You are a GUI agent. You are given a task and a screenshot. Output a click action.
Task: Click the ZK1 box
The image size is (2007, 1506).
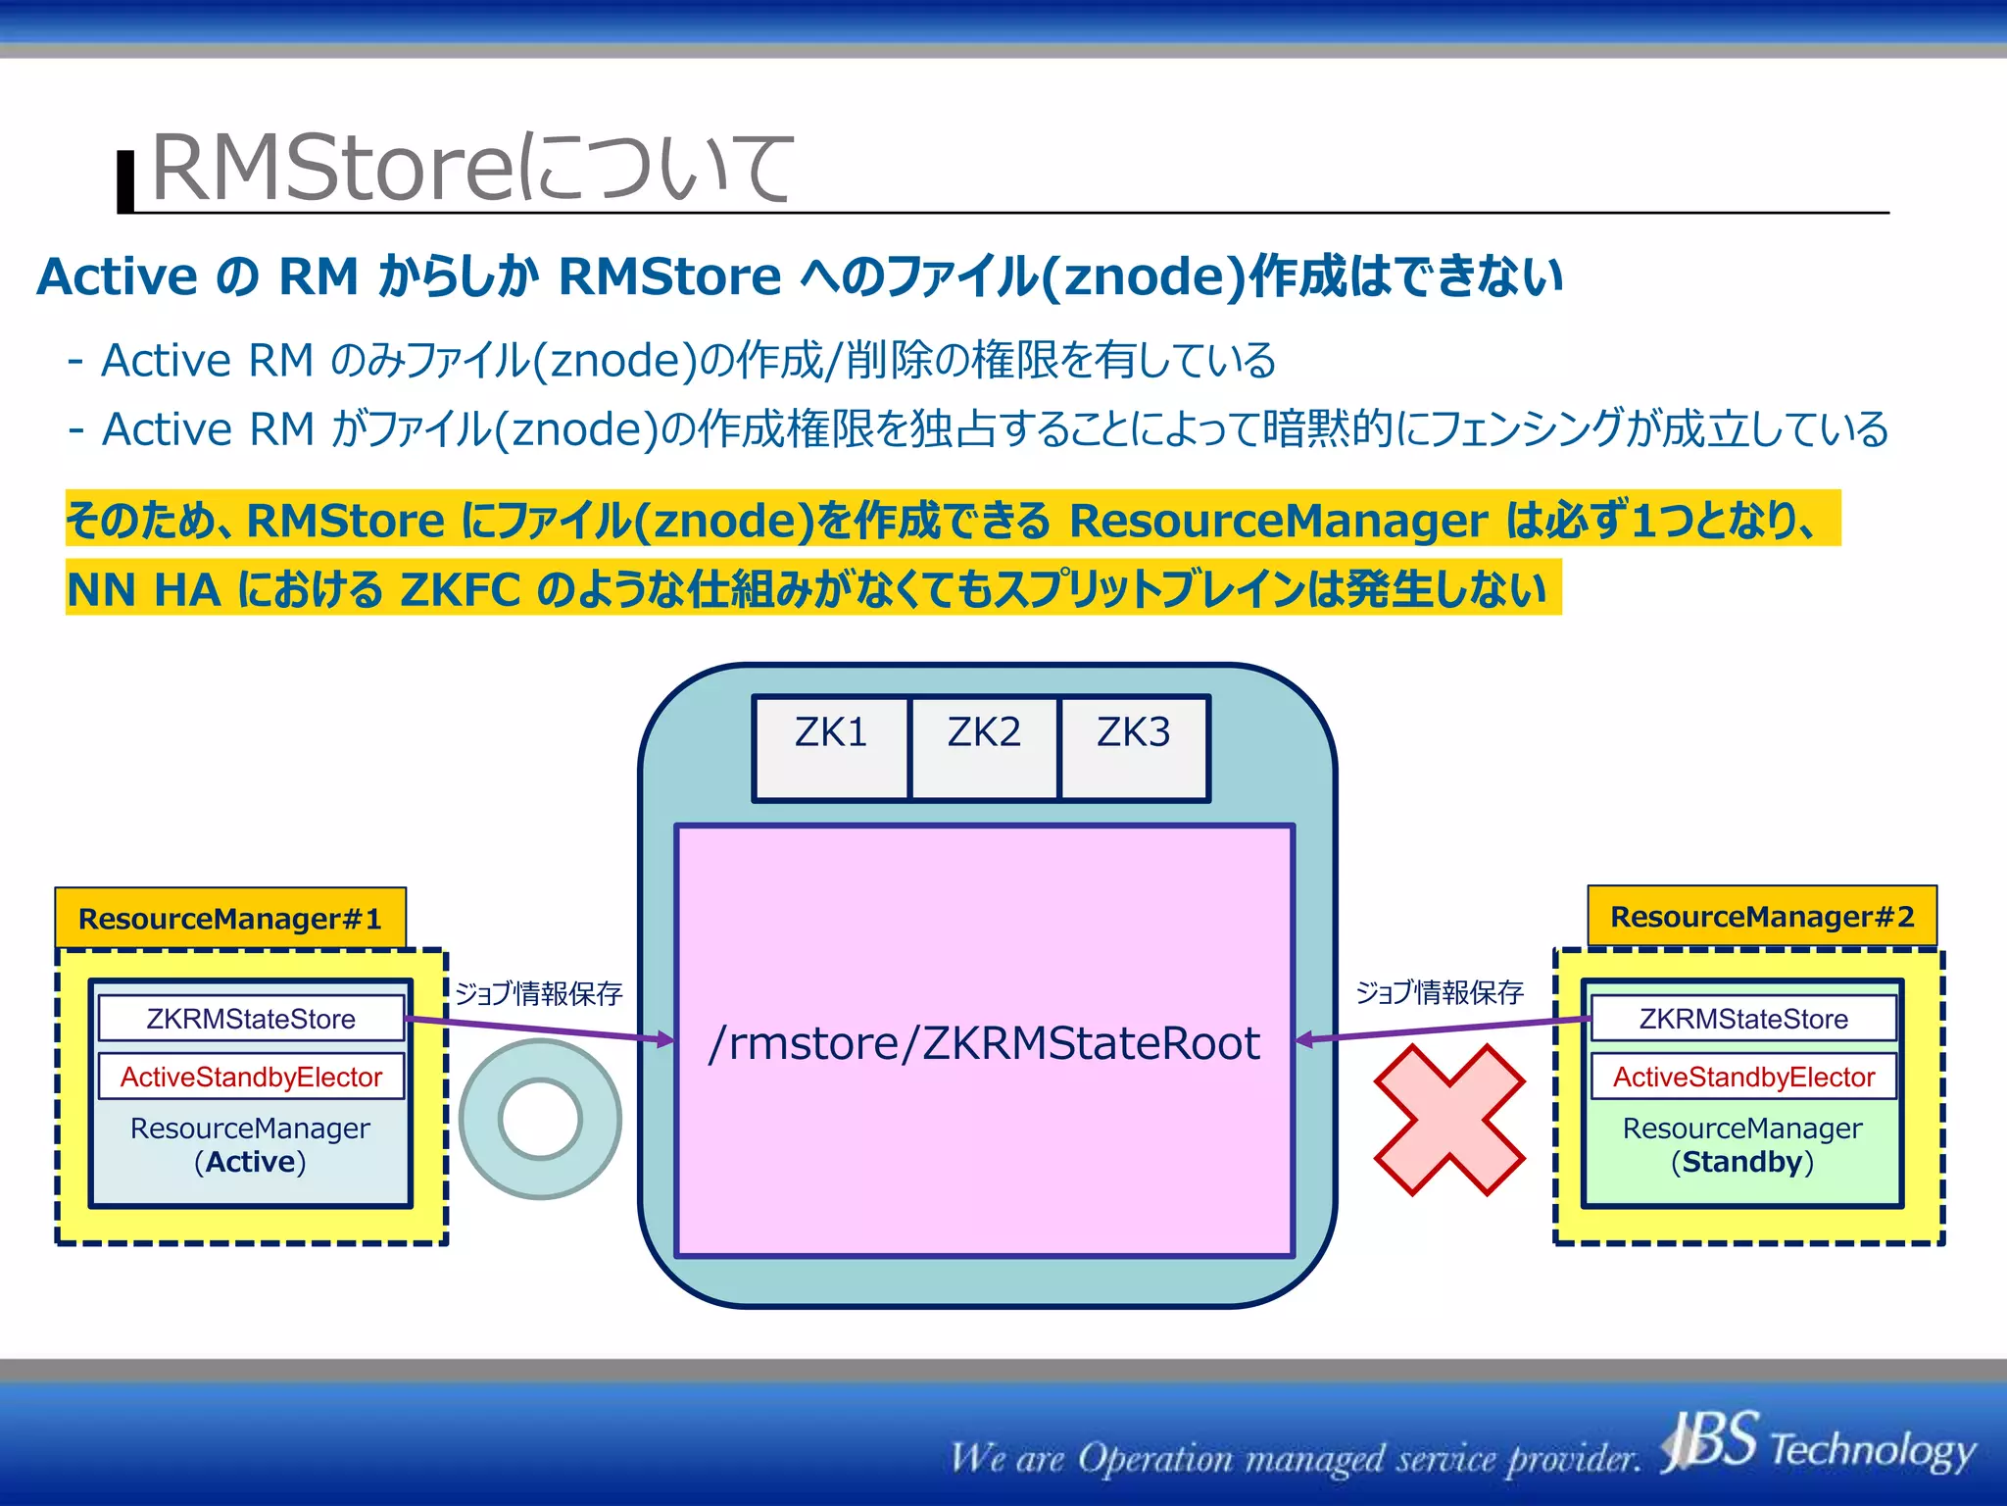831,748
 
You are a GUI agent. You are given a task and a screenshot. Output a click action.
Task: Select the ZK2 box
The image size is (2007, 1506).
984,748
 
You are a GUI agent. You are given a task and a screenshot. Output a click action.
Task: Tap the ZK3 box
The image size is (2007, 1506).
1134,748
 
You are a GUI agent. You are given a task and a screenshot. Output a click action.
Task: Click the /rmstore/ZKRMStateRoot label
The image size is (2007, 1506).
984,1043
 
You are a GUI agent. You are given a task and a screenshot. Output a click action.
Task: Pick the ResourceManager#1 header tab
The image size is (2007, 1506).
230,919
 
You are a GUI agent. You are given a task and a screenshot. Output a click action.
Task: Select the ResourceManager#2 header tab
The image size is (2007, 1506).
1762,917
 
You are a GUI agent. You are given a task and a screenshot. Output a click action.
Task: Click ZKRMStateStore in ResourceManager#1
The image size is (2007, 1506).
251,1019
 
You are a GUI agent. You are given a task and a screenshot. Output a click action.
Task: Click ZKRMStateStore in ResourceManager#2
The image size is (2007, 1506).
1743,1019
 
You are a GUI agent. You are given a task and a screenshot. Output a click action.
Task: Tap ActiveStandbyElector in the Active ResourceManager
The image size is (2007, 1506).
251,1077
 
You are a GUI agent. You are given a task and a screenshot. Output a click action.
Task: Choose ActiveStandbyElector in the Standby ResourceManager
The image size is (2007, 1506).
1743,1077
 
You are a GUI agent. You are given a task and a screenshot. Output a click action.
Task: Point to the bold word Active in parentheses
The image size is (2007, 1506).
250,1162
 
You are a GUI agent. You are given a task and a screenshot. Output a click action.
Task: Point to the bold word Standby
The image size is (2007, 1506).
1742,1162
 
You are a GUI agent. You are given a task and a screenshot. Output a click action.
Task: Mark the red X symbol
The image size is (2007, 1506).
1449,1120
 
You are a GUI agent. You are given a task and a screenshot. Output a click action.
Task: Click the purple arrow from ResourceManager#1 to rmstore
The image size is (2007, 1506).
539,1029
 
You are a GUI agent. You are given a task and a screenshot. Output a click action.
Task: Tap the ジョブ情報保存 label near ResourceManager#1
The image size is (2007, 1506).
539,993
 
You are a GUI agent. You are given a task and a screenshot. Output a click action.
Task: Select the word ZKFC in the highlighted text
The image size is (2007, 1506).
460,589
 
